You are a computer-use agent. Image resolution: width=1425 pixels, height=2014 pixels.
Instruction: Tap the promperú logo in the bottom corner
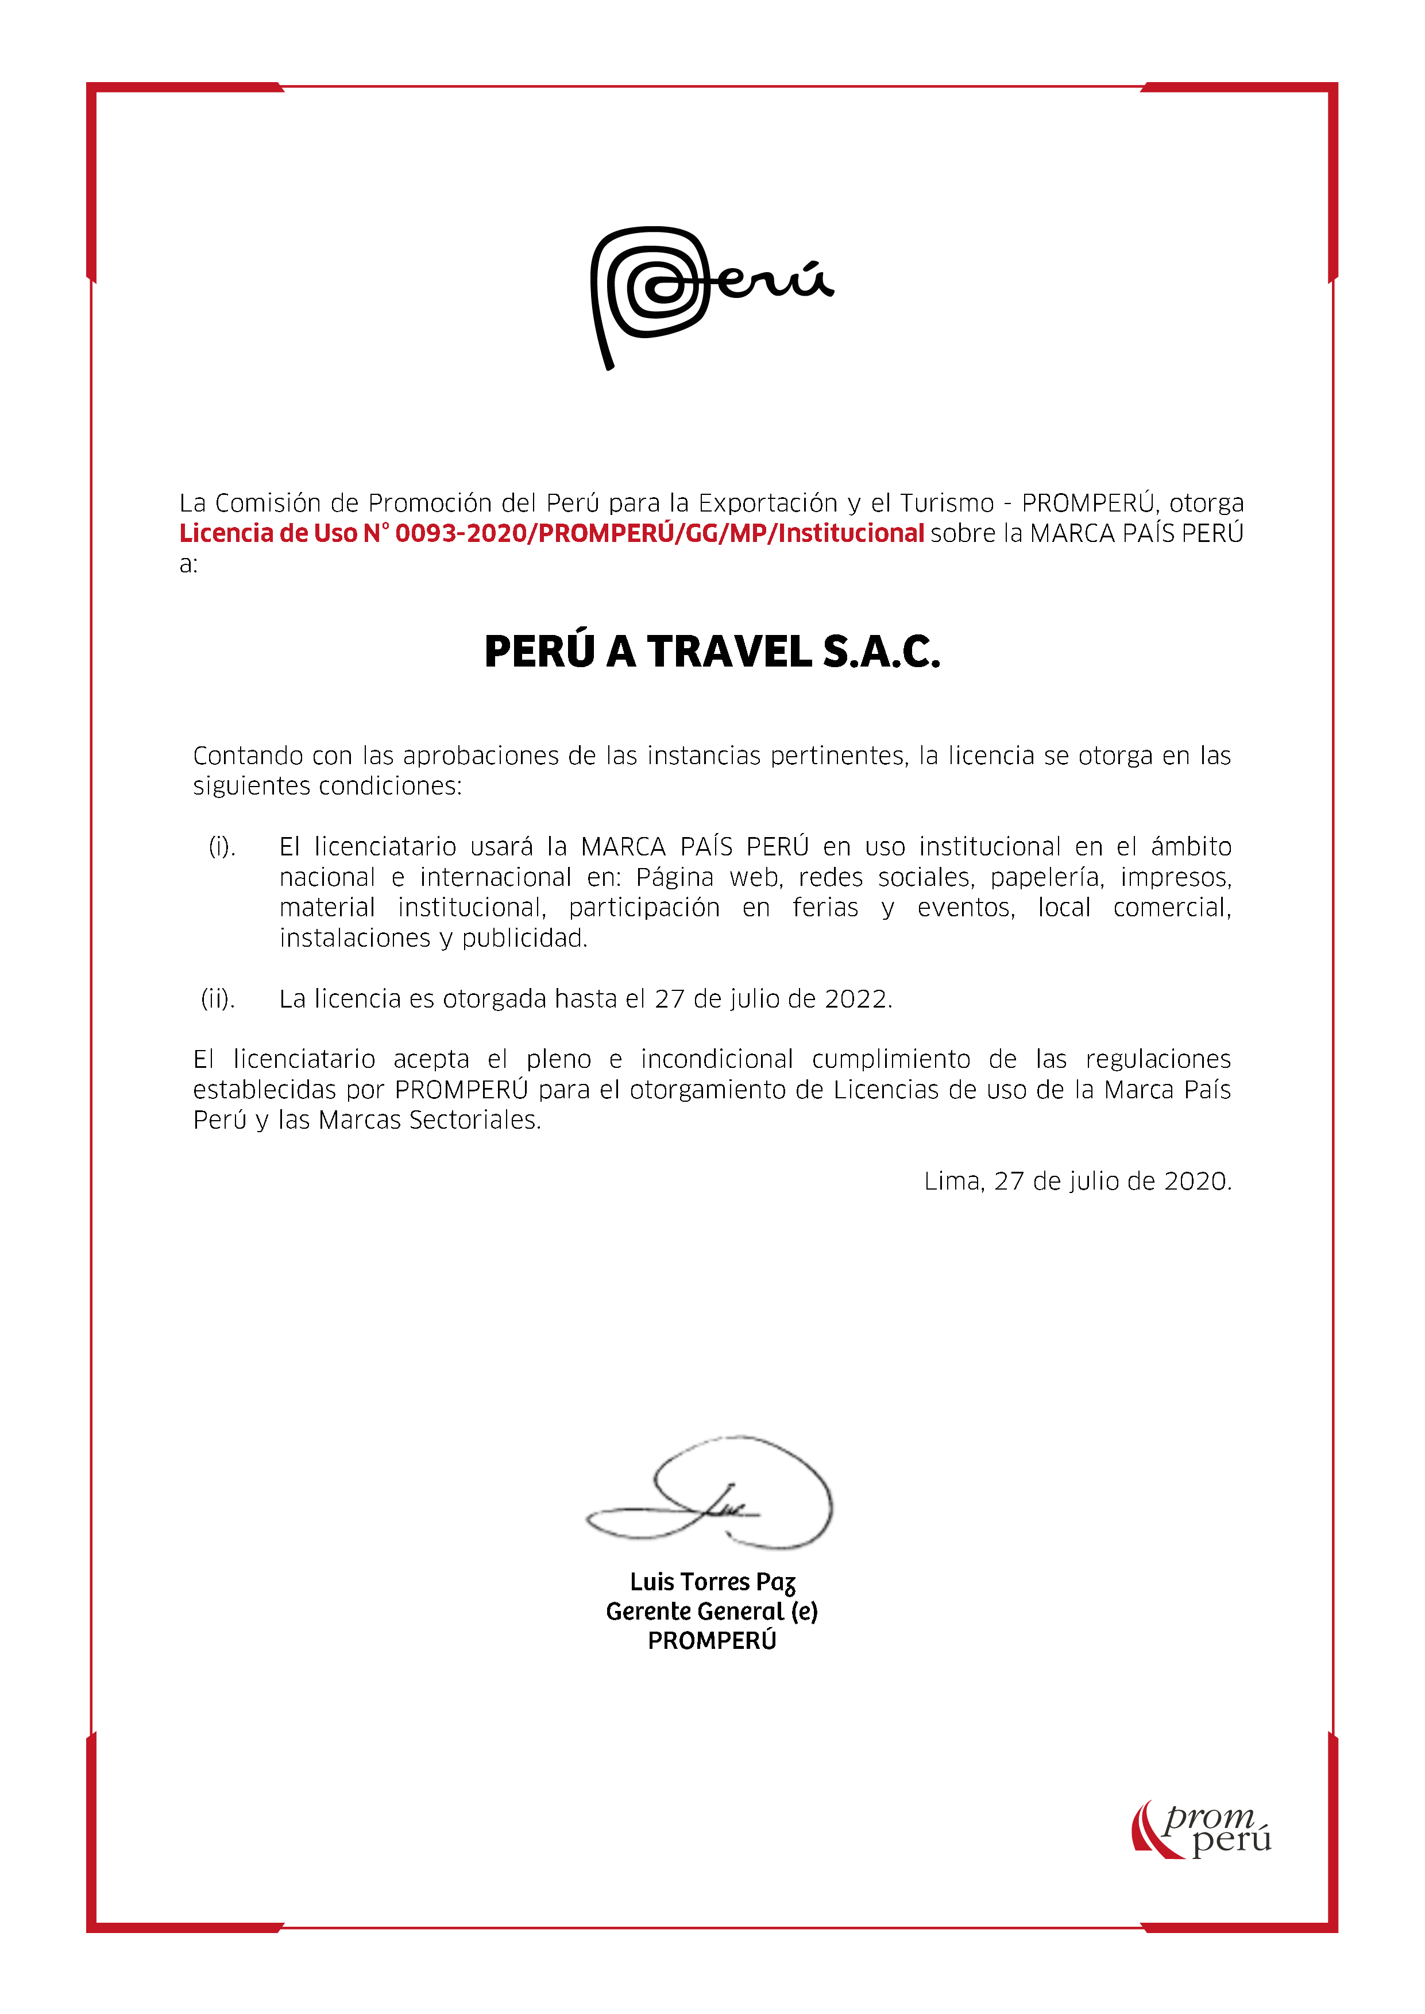coord(1201,1829)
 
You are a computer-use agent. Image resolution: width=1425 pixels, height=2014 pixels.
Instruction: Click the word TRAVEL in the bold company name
coord(729,652)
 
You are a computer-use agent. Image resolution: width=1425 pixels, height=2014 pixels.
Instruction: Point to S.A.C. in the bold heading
coord(881,652)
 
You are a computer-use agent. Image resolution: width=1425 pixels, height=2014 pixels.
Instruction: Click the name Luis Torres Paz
coord(712,1582)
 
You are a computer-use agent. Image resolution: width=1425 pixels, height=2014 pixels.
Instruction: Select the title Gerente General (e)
coord(712,1612)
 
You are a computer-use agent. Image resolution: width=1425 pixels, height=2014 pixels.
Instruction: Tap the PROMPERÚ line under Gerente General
coord(712,1640)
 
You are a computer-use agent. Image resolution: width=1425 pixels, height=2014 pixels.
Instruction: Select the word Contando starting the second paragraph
coord(248,756)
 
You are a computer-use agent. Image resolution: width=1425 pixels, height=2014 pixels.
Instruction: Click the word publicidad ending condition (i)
coord(523,939)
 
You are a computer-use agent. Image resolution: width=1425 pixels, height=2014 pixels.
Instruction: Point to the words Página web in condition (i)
coord(693,877)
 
